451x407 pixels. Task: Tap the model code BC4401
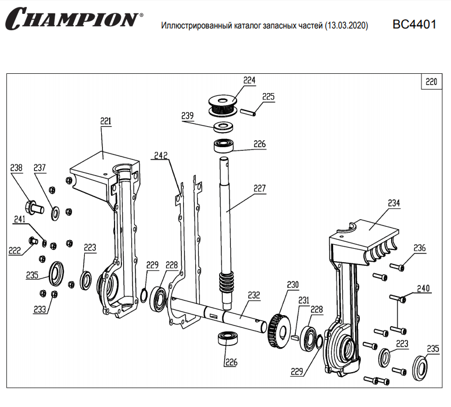pyautogui.click(x=413, y=25)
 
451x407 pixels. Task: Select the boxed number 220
pyautogui.click(x=431, y=81)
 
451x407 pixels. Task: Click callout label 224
pyautogui.click(x=250, y=81)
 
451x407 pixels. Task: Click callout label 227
pyautogui.click(x=259, y=188)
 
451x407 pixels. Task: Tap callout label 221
pyautogui.click(x=105, y=121)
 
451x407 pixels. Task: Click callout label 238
pyautogui.click(x=16, y=168)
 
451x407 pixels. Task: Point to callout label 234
pyautogui.click(x=394, y=203)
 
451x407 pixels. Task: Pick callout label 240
pyautogui.click(x=424, y=288)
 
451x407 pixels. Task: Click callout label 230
pyautogui.click(x=292, y=285)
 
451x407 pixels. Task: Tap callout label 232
pyautogui.click(x=253, y=295)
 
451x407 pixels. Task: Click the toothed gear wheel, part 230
pyautogui.click(x=282, y=330)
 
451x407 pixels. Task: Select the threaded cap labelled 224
pyautogui.click(x=223, y=105)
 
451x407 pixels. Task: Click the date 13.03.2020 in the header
pyautogui.click(x=346, y=26)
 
